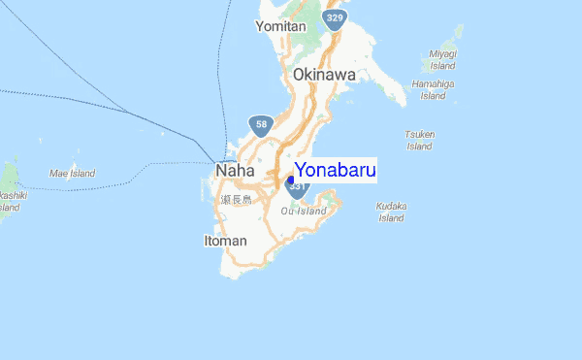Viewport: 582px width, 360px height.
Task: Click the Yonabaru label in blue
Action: click(x=335, y=170)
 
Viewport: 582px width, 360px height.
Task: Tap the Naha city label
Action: click(x=234, y=170)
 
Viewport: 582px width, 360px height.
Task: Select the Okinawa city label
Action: click(x=324, y=74)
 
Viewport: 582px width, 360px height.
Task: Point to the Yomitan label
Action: click(x=280, y=26)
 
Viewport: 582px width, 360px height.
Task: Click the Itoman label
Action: click(x=225, y=240)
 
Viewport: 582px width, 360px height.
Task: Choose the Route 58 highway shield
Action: click(x=260, y=124)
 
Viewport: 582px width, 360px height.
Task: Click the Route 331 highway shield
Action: click(x=297, y=186)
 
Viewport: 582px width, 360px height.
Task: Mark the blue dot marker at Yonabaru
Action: click(x=291, y=180)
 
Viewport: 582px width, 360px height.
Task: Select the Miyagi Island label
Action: click(x=444, y=61)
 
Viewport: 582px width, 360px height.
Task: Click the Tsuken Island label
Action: click(x=420, y=140)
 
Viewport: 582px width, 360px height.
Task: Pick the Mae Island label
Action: click(x=73, y=173)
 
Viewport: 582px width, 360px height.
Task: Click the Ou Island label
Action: click(x=304, y=211)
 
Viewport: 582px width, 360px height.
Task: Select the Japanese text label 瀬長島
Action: click(x=235, y=199)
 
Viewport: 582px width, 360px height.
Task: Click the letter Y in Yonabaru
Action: click(x=301, y=170)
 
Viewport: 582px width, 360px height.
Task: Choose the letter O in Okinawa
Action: click(x=299, y=74)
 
